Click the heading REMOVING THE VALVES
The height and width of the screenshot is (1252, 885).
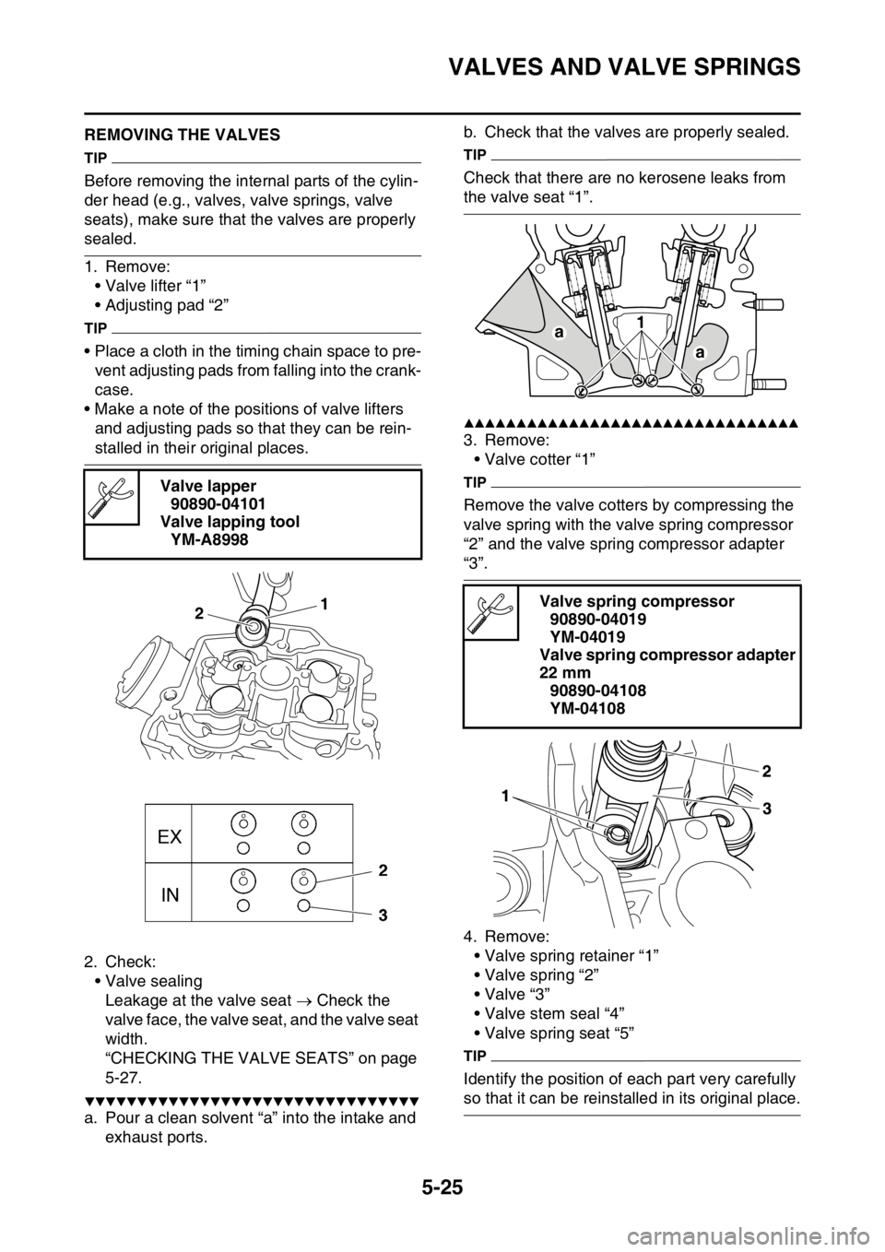[x=183, y=135]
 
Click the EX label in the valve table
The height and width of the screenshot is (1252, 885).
[x=170, y=837]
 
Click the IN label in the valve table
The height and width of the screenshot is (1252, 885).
[x=170, y=895]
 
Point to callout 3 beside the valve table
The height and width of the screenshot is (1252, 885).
[x=383, y=915]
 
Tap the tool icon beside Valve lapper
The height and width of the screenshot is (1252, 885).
[x=112, y=497]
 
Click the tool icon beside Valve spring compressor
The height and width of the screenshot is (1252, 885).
[x=490, y=612]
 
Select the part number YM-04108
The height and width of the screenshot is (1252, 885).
[x=588, y=708]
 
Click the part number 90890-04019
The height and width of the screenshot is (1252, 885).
[x=597, y=620]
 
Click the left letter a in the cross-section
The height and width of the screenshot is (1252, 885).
[x=558, y=332]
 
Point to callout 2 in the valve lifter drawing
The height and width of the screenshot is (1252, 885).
[x=198, y=613]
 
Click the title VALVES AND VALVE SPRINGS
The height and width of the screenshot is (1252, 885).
[x=625, y=67]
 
